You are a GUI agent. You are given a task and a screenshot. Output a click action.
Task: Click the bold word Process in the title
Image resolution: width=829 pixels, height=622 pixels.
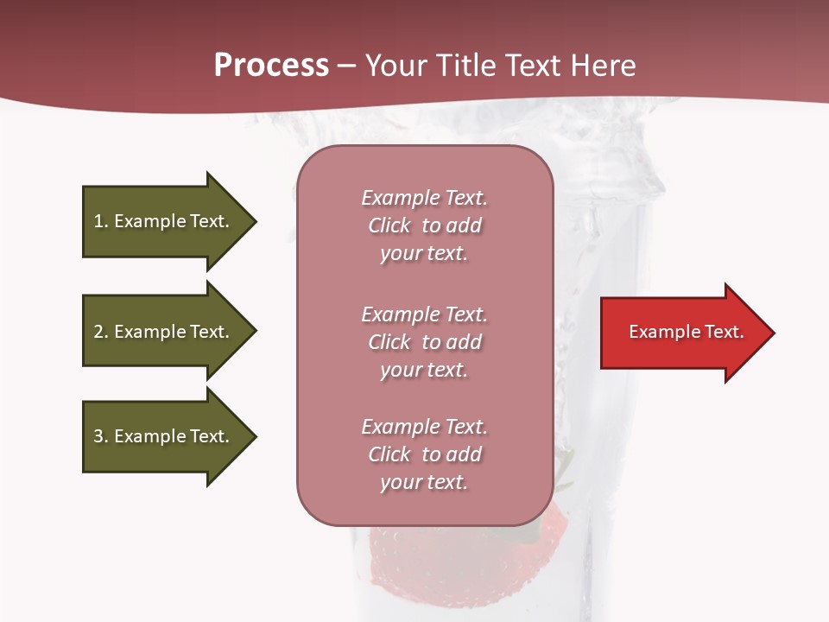(x=271, y=66)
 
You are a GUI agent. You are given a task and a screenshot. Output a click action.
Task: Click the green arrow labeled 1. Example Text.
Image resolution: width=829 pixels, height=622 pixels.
(x=164, y=221)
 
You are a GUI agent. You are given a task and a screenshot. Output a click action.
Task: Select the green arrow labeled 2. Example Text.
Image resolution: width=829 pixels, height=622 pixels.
(x=164, y=332)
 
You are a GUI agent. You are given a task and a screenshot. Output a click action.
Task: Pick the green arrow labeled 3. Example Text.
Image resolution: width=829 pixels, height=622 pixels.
(x=164, y=436)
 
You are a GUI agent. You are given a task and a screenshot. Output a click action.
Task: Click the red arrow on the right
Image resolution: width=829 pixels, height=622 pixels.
(x=682, y=333)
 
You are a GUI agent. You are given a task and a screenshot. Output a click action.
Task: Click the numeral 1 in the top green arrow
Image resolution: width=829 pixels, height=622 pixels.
(x=98, y=221)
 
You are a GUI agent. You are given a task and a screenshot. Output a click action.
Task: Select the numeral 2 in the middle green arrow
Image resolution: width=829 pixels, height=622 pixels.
(x=98, y=332)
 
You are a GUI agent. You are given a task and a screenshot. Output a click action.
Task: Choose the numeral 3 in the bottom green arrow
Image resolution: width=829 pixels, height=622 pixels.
(x=98, y=436)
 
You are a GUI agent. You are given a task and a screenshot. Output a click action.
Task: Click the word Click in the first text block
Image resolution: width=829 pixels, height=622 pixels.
(x=389, y=225)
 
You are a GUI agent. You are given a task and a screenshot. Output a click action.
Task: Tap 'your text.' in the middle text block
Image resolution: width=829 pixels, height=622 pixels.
(x=424, y=370)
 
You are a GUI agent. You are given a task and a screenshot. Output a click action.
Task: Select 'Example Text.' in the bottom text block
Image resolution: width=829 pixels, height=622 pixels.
(x=424, y=427)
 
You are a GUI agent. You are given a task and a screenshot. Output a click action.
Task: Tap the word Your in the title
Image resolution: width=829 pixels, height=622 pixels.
(x=396, y=66)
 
